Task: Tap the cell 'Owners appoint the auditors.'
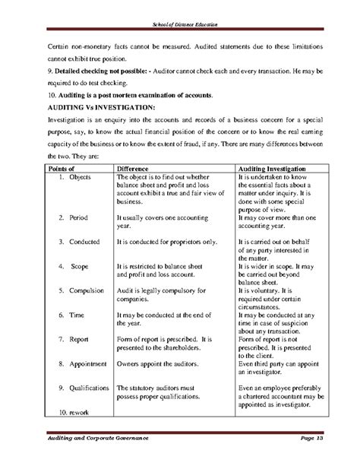coord(162,363)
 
